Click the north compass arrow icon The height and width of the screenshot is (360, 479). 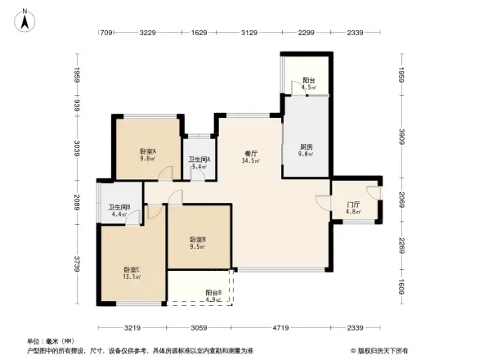[25, 18]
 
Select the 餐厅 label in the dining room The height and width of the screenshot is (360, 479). [251, 153]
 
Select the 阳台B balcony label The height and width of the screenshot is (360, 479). [215, 292]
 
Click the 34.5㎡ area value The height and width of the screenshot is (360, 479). [251, 161]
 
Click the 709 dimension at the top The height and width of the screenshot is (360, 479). [105, 33]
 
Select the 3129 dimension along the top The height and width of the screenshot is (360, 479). [248, 33]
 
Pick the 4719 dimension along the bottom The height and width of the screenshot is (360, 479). [280, 327]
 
